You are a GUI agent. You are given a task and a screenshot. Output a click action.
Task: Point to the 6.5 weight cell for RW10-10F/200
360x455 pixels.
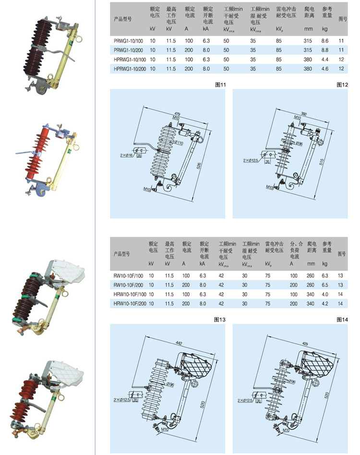pos(325,285)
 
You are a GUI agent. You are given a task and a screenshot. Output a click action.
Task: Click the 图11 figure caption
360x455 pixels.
pos(221,85)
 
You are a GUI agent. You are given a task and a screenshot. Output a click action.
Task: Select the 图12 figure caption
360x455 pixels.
pos(342,85)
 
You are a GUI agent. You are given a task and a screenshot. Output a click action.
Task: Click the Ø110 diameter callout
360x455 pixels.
pos(179,143)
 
